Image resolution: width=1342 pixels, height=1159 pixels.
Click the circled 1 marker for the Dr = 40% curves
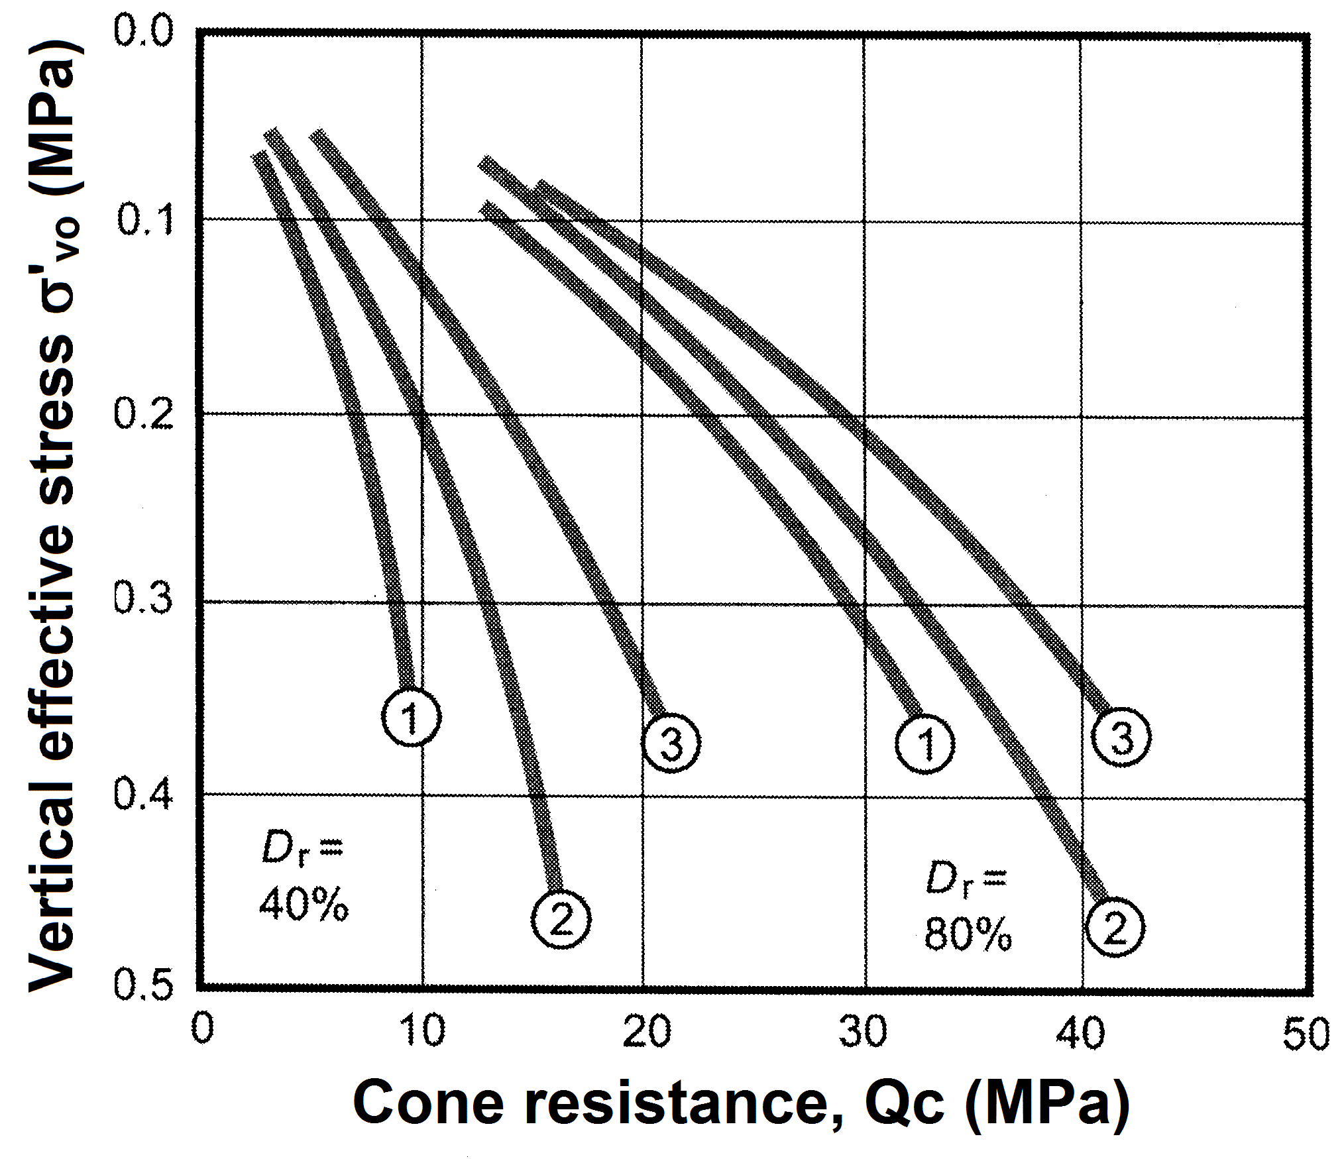pyautogui.click(x=412, y=717)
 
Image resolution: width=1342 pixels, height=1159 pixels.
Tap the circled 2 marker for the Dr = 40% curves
pyautogui.click(x=561, y=919)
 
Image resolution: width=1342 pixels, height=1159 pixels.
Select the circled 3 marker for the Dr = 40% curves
pyautogui.click(x=671, y=744)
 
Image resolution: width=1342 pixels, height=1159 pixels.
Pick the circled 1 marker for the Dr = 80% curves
pyautogui.click(x=925, y=744)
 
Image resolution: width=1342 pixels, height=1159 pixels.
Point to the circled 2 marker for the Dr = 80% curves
pyautogui.click(x=1115, y=927)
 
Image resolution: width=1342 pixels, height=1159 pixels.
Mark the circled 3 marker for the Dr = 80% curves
pyautogui.click(x=1121, y=737)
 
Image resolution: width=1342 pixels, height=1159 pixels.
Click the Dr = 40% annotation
pyautogui.click(x=303, y=878)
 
